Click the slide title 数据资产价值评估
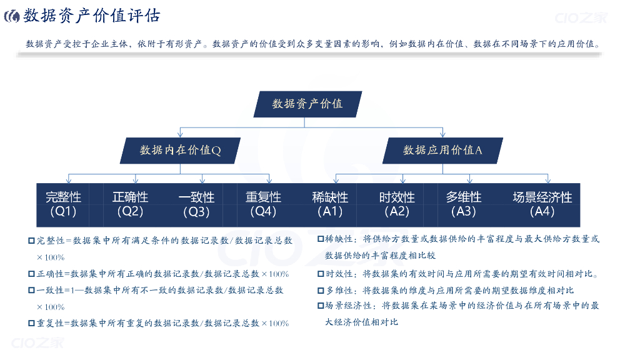[92, 16]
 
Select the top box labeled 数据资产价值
[307, 104]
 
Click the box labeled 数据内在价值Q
[180, 150]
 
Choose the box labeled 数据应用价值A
[442, 150]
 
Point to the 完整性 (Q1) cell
[63, 204]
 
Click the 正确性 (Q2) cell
[130, 204]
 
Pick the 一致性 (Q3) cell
[196, 204]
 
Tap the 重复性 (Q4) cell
[263, 204]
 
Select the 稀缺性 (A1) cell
[330, 204]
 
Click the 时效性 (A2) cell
[397, 204]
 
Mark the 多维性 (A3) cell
[464, 204]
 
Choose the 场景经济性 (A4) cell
[542, 204]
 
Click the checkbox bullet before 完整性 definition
[31, 241]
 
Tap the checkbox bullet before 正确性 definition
[31, 274]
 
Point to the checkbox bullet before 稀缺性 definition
[321, 239]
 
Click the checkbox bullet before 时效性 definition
[321, 274]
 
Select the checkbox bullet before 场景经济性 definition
[321, 306]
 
